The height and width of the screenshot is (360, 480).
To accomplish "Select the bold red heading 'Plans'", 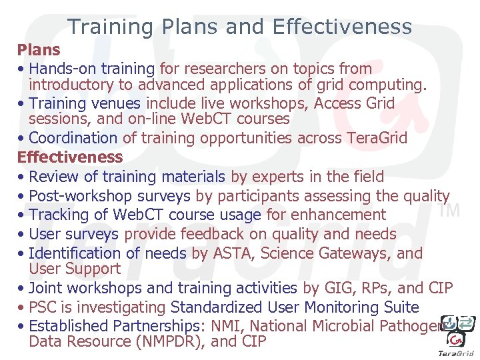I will point(39,50).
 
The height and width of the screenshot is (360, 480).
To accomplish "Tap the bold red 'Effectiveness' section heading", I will point(70,157).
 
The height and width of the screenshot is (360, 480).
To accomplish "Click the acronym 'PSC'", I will point(44,307).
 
